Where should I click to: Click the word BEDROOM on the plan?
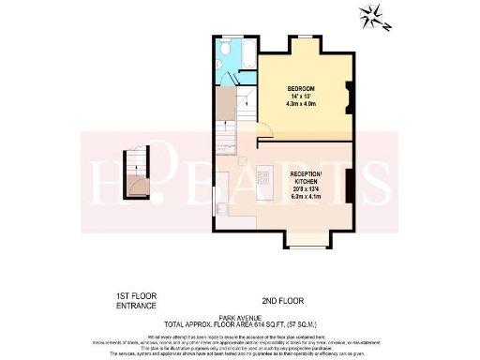pos(301,89)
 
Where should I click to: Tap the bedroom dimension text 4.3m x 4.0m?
pos(301,104)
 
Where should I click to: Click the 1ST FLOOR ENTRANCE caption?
pos(135,301)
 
